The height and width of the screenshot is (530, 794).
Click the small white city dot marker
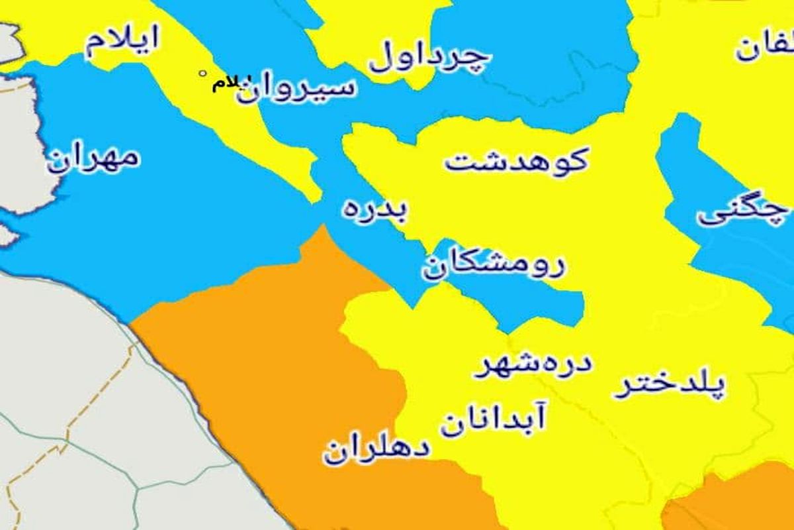[202, 74]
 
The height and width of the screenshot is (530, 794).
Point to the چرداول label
[430, 58]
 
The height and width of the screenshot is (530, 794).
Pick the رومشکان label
[494, 265]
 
